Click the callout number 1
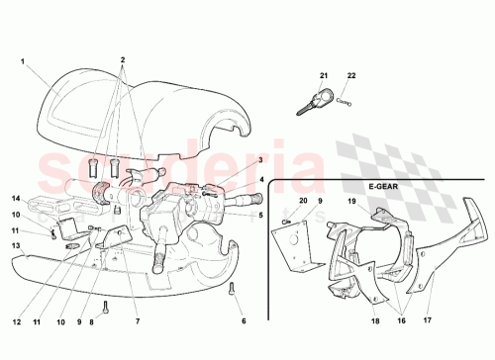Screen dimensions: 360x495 [22, 61]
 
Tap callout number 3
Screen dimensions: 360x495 [259, 159]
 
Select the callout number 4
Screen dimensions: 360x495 [262, 179]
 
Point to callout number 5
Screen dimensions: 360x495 [260, 215]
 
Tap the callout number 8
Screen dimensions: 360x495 [91, 322]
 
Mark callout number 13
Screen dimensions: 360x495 [16, 245]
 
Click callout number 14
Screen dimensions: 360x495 [16, 198]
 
